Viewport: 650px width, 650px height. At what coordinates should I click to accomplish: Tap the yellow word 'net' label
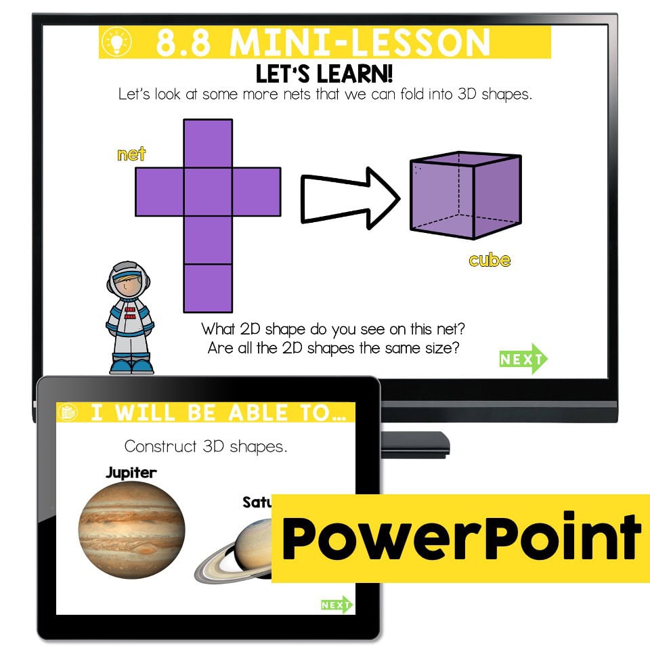pos(131,154)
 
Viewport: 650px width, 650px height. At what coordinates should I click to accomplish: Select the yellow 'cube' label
pos(489,260)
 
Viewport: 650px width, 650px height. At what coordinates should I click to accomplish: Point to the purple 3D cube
pos(465,196)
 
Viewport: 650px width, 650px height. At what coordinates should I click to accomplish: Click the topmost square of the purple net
pos(208,143)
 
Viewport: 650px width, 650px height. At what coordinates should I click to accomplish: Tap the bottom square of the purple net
pos(208,288)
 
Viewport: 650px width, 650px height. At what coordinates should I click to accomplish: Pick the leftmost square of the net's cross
pos(160,191)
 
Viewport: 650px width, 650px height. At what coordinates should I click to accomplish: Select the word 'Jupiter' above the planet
pos(131,473)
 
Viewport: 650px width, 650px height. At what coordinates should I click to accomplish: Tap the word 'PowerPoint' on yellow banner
pos(460,538)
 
